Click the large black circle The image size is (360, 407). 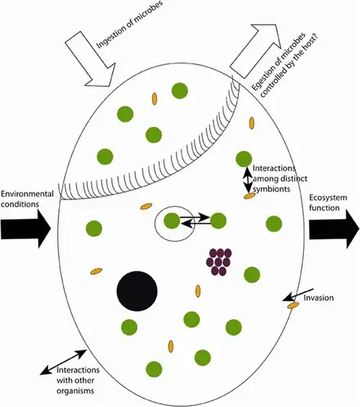(x=137, y=291)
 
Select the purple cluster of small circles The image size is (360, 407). (x=219, y=261)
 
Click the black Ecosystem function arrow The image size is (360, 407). (x=334, y=228)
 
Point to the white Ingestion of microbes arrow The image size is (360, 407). (x=91, y=60)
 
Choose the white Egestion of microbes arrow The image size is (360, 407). (x=256, y=50)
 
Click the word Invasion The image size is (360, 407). (x=318, y=298)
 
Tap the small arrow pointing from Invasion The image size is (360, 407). (x=298, y=295)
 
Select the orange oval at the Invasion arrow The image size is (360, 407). (x=293, y=305)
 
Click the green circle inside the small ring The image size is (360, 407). (x=172, y=220)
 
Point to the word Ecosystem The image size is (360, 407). (x=328, y=197)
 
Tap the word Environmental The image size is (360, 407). (x=27, y=194)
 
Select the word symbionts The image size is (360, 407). (x=271, y=189)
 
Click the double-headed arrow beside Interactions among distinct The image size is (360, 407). (x=248, y=180)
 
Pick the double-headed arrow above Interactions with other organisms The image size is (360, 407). (x=63, y=362)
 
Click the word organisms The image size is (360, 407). (x=75, y=390)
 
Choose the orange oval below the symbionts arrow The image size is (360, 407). (x=250, y=196)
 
